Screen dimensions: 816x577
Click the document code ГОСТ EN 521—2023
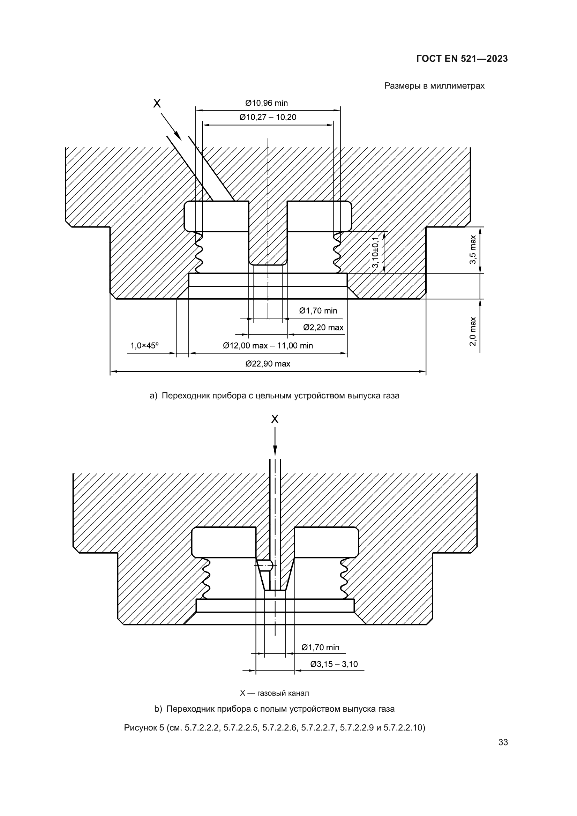(x=462, y=59)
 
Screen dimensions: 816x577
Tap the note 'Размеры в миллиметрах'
(x=434, y=86)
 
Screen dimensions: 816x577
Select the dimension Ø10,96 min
(x=267, y=103)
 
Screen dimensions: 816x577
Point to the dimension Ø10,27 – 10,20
(x=268, y=117)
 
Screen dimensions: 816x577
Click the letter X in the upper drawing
(x=157, y=103)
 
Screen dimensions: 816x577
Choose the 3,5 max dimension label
(x=473, y=249)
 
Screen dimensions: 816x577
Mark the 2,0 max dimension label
(x=473, y=331)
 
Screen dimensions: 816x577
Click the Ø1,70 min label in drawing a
(x=318, y=311)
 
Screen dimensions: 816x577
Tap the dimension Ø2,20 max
(x=323, y=327)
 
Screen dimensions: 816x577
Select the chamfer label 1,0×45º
(x=144, y=345)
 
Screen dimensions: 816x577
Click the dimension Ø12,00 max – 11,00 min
(x=268, y=346)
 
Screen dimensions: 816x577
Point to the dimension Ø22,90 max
(x=268, y=364)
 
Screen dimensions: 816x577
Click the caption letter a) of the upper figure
(x=153, y=396)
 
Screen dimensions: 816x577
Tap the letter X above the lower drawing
(x=275, y=420)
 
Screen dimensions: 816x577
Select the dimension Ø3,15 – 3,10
(x=334, y=664)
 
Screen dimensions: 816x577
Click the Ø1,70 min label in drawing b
(x=321, y=647)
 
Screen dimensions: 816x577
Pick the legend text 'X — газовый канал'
(x=274, y=693)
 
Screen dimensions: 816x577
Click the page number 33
(x=503, y=742)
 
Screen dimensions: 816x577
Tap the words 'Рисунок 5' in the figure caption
(x=144, y=728)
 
